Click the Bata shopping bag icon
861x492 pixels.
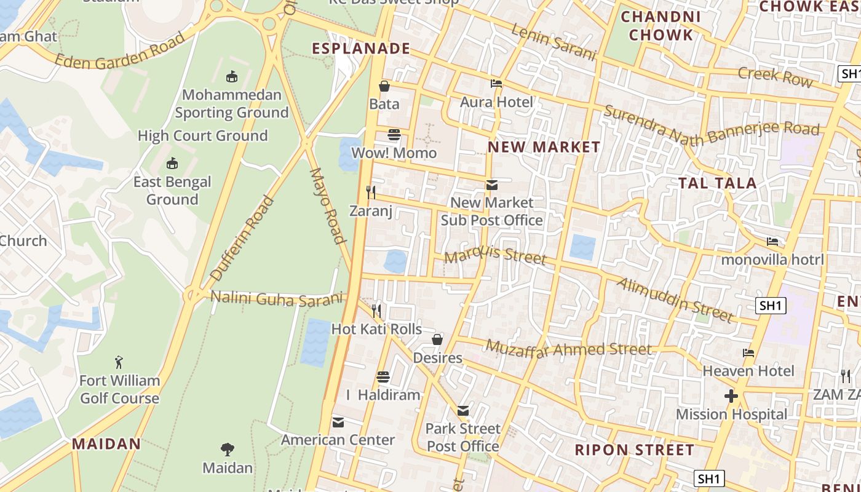click(384, 86)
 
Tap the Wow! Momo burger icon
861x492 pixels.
click(394, 135)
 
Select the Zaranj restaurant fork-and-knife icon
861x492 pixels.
click(371, 192)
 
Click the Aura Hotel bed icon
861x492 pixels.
click(496, 84)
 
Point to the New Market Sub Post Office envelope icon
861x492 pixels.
click(491, 184)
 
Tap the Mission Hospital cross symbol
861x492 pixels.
click(731, 396)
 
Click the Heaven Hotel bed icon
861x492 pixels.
click(748, 353)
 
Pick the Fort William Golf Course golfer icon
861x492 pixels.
click(119, 362)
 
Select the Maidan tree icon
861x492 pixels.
click(228, 450)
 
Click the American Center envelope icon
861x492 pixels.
click(338, 422)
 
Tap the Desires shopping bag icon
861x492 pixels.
click(437, 339)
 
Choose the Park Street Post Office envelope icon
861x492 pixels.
click(463, 411)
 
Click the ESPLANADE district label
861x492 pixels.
click(361, 49)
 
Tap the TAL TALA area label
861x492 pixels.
click(717, 183)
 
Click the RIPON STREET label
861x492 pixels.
click(635, 450)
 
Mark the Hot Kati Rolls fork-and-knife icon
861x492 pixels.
click(376, 311)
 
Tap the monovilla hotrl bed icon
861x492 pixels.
click(772, 242)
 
